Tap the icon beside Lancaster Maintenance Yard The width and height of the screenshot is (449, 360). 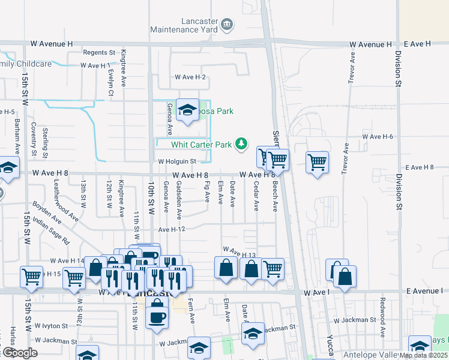click(228, 25)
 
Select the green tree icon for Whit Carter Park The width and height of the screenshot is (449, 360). click(241, 143)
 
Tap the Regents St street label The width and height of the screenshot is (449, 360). click(99, 53)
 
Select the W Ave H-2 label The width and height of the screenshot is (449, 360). click(190, 77)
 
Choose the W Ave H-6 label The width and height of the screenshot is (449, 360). click(378, 137)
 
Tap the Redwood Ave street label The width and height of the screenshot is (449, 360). click(382, 325)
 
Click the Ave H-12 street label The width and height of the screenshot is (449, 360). click(172, 229)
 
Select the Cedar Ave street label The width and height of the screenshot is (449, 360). click(256, 196)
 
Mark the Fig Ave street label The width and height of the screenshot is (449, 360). click(207, 193)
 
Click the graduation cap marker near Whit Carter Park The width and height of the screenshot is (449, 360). click(187, 110)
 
